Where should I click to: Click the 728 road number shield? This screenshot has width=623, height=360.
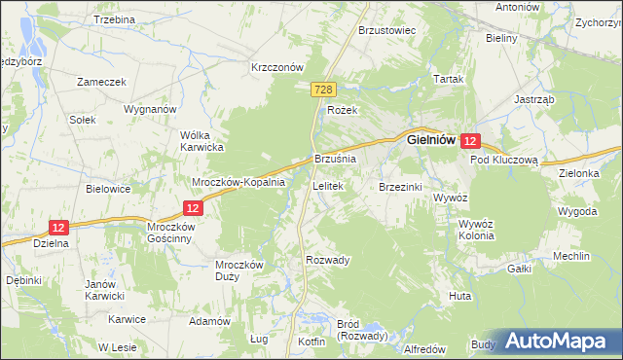(325, 90)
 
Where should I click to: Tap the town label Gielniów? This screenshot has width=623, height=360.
(432, 139)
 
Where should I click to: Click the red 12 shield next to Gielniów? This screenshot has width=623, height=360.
(471, 140)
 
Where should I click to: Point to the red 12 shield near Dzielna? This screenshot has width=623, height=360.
(59, 227)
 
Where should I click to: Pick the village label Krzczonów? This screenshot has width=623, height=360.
(278, 67)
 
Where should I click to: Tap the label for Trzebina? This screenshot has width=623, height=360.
(115, 19)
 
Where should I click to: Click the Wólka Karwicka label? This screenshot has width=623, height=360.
(202, 141)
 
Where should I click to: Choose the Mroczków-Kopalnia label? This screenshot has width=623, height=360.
(238, 182)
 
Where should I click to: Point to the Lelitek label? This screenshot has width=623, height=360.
(326, 183)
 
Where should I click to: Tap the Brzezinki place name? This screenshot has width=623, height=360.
(399, 183)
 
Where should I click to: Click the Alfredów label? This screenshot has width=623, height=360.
(423, 348)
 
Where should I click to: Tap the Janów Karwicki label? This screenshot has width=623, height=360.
(107, 289)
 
